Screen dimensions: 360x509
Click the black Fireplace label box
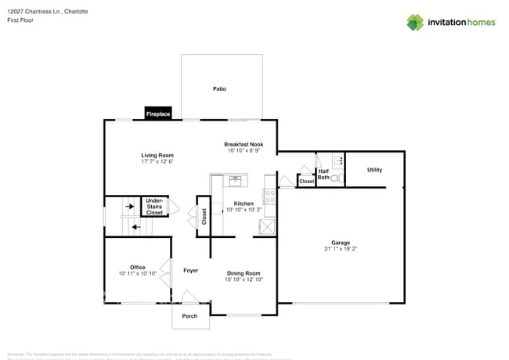[x=157, y=114]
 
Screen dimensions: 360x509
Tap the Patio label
[x=219, y=89]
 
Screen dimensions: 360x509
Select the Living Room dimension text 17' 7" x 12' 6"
[x=157, y=162]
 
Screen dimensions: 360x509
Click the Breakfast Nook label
[x=244, y=145]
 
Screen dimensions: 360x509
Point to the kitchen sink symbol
[x=235, y=181]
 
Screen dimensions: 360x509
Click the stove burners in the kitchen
[x=270, y=196]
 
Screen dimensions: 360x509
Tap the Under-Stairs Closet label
[x=155, y=207]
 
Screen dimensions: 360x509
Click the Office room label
[x=138, y=268]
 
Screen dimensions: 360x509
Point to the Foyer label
[x=190, y=271]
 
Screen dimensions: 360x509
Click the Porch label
[x=190, y=316]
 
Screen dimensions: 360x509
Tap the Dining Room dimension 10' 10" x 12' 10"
[x=244, y=279]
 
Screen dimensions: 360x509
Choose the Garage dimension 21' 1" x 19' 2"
[x=341, y=249]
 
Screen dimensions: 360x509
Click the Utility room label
[x=374, y=170]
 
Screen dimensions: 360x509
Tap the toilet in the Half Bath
[x=336, y=179]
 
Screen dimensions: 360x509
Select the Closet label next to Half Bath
[x=306, y=182]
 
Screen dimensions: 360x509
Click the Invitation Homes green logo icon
[x=415, y=22]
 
